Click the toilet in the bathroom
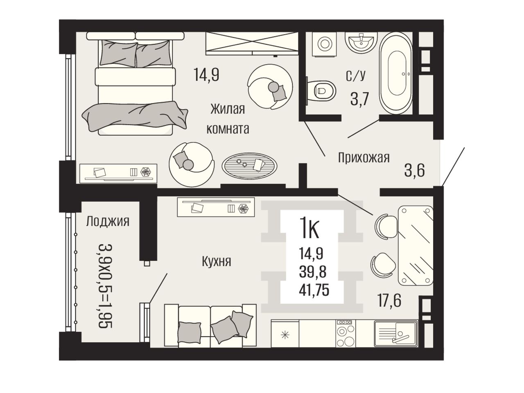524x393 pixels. [x=321, y=90]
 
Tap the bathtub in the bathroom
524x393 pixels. [x=396, y=74]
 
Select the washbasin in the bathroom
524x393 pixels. [x=361, y=43]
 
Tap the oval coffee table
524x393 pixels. [x=249, y=166]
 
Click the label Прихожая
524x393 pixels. [x=364, y=158]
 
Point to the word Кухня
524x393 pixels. [x=217, y=261]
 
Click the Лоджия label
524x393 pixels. [x=108, y=221]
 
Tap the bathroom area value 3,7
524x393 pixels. [x=360, y=99]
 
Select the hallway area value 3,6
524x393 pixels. [x=414, y=170]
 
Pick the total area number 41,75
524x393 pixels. [x=314, y=290]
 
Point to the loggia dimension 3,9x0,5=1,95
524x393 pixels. [x=105, y=286]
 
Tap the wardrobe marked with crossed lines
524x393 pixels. [x=252, y=43]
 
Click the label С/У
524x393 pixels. [x=355, y=75]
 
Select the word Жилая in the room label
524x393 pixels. [x=228, y=109]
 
